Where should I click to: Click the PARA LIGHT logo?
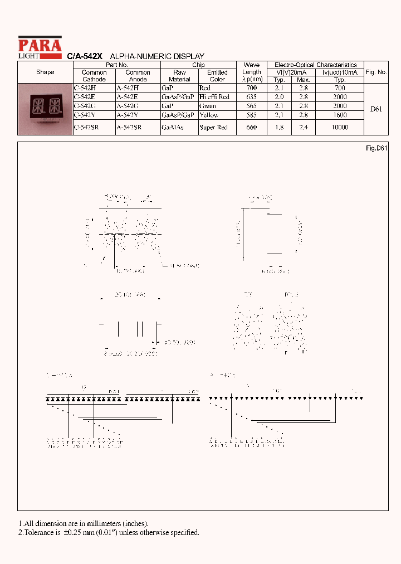point(40,47)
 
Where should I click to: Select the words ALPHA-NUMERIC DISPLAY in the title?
point(157,56)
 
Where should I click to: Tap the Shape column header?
point(45,72)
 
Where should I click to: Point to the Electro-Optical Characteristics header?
point(315,65)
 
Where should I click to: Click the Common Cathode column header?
point(94,76)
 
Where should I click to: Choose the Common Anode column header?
point(138,76)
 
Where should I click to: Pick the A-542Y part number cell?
point(128,115)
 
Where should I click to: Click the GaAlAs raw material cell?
point(172,128)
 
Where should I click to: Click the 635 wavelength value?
point(251,97)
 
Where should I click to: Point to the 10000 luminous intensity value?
point(339,128)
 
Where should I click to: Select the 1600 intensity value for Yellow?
point(339,115)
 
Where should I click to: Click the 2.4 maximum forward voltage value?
point(303,128)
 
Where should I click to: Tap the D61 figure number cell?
point(376,109)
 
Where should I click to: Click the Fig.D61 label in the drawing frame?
point(376,148)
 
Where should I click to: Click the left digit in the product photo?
point(38,105)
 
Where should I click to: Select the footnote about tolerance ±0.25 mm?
point(109,532)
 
